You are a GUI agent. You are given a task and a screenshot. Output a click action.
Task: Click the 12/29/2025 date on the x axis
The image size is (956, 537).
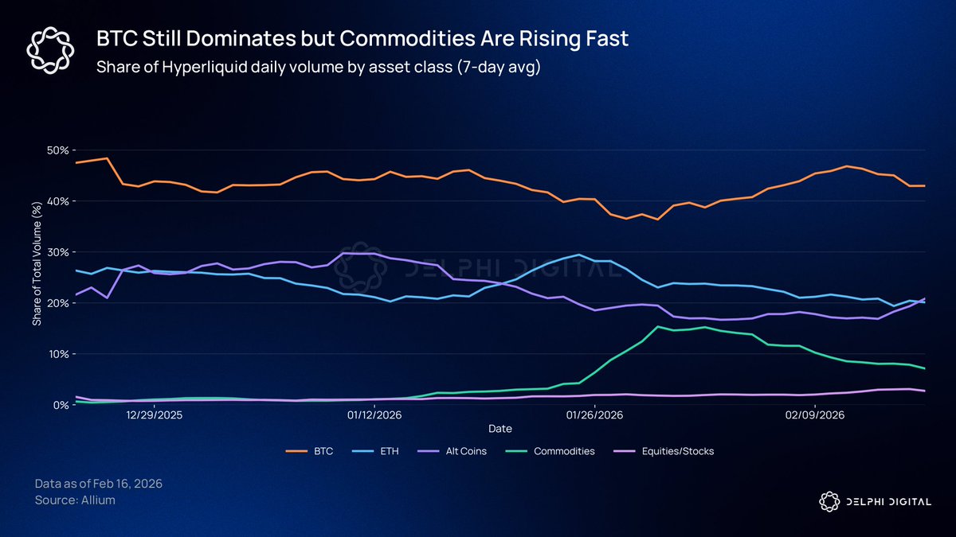(155, 415)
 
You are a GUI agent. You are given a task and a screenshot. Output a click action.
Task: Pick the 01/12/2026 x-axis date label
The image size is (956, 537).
(374, 415)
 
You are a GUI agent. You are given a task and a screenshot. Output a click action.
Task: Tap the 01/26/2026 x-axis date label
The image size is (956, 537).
(594, 415)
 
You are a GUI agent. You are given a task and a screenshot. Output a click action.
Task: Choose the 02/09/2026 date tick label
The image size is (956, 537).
(814, 415)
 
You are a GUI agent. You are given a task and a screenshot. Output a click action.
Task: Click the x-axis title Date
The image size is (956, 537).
(500, 429)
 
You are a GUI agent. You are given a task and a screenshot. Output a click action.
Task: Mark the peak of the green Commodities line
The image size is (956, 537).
(657, 326)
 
